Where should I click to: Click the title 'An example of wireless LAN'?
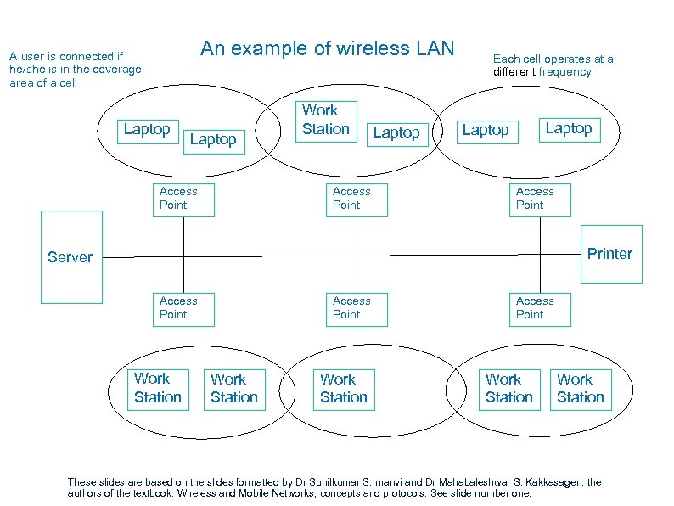pyautogui.click(x=327, y=48)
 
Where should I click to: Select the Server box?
pyautogui.click(x=70, y=257)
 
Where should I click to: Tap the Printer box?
pyautogui.click(x=610, y=254)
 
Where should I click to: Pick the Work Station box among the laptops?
pyautogui.click(x=326, y=120)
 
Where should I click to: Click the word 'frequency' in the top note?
pyautogui.click(x=564, y=72)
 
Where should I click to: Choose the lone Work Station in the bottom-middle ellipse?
pyautogui.click(x=344, y=388)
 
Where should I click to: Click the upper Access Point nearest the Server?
pyautogui.click(x=183, y=199)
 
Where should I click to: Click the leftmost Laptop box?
pyautogui.click(x=147, y=130)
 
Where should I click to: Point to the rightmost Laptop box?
pyautogui.click(x=568, y=128)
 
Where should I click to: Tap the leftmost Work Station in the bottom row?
pyautogui.click(x=158, y=388)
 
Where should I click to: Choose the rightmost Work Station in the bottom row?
pyautogui.click(x=581, y=388)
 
